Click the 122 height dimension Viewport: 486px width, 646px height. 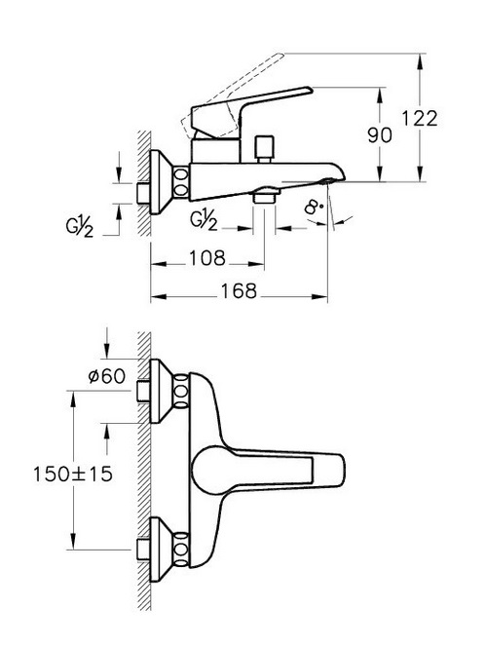(419, 119)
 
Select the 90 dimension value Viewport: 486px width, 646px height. (379, 135)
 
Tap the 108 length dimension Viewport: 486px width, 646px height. (207, 258)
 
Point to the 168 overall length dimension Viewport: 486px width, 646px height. (239, 291)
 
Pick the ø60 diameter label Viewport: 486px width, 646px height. (107, 376)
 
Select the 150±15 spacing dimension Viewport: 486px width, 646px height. (73, 474)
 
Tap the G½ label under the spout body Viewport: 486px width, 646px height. (204, 220)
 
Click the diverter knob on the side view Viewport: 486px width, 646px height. (264, 149)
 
